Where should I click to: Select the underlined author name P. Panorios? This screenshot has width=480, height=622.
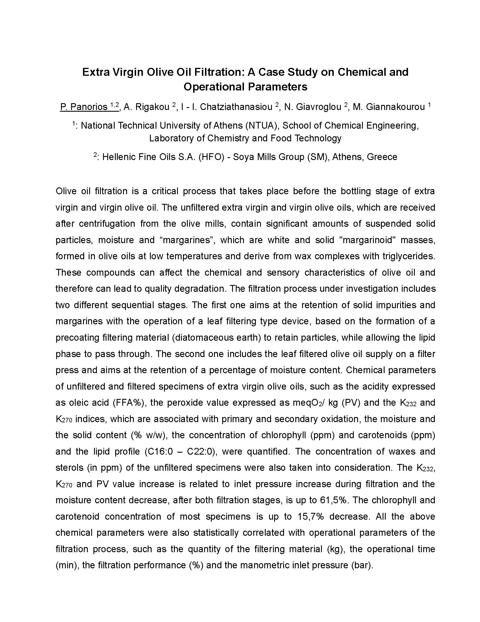84,107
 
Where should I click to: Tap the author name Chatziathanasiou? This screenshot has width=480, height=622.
236,107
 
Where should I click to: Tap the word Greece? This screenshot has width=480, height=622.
382,157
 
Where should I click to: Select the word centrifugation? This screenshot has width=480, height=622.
107,224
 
